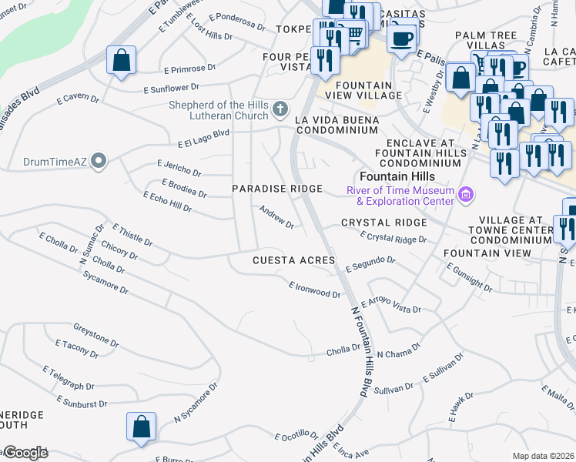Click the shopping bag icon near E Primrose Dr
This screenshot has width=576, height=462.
pyautogui.click(x=121, y=61)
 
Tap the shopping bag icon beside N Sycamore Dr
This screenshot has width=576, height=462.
pyautogui.click(x=141, y=427)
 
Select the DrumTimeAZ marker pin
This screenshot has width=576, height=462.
pyautogui.click(x=98, y=160)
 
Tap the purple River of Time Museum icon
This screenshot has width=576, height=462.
pyautogui.click(x=464, y=195)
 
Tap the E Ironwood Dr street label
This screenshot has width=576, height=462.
pyautogui.click(x=314, y=290)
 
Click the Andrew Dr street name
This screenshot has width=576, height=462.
pyautogui.click(x=276, y=216)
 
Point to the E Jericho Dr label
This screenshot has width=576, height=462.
pyautogui.click(x=179, y=169)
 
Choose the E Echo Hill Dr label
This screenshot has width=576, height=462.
pyautogui.click(x=167, y=203)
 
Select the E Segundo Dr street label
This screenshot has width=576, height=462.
pyautogui.click(x=370, y=265)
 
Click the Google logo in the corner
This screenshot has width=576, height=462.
pyautogui.click(x=25, y=453)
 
